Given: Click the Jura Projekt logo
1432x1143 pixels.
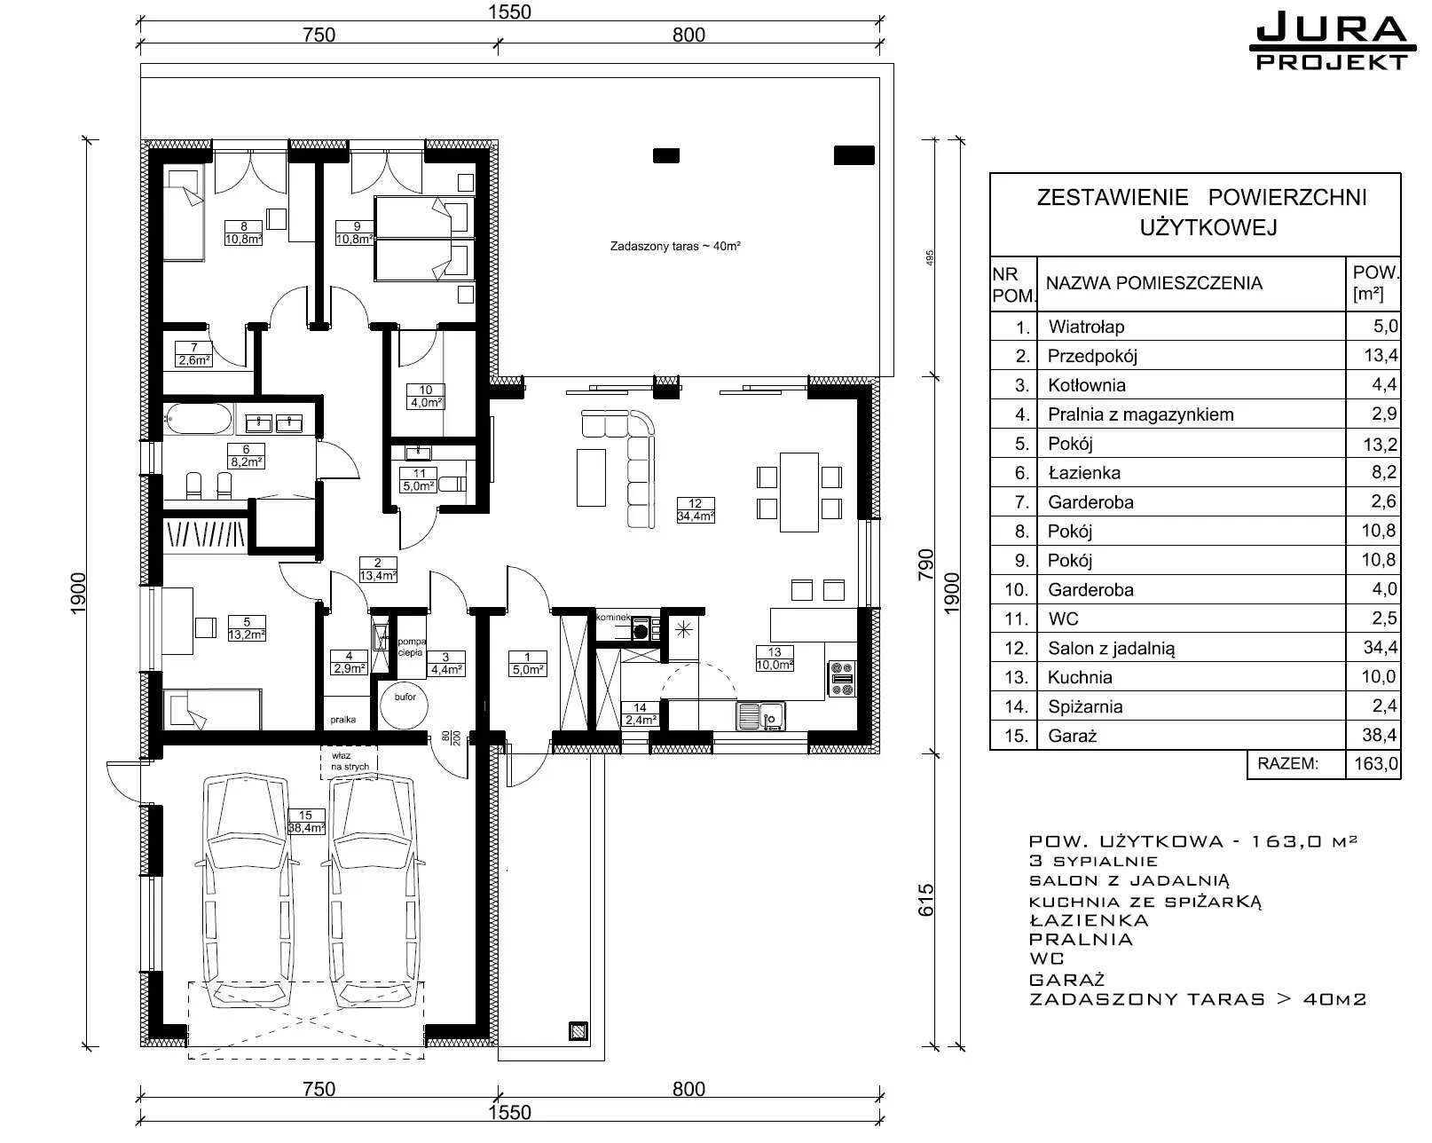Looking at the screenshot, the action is click(1333, 43).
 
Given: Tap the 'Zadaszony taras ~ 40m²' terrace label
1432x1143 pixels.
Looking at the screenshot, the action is click(675, 246).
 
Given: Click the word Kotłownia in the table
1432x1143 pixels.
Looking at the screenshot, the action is click(1087, 385).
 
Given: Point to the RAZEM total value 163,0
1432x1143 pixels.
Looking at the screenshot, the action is click(1376, 763).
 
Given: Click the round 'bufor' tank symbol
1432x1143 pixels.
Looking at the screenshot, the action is click(405, 705).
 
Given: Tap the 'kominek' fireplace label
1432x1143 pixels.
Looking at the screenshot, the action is click(613, 617).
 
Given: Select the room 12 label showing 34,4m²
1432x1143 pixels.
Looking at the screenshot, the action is click(696, 510).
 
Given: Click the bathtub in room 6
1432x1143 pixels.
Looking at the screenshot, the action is click(198, 420).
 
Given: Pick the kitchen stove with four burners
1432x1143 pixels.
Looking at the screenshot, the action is click(842, 678).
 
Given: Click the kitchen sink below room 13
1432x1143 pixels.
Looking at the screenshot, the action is click(761, 716).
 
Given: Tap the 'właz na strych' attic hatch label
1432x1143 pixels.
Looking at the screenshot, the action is click(350, 761).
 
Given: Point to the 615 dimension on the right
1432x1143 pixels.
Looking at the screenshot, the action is click(925, 900).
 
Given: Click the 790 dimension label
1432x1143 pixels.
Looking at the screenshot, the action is click(925, 564).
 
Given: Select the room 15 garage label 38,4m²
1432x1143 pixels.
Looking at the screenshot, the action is click(306, 822).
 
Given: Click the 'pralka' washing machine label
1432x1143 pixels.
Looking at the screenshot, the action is click(342, 720).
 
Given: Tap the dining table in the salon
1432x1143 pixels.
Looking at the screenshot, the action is click(799, 492).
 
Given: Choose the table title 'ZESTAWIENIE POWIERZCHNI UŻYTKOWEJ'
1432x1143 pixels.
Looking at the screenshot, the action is click(1201, 212).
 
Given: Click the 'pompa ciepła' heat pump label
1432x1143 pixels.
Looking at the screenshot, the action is click(412, 647).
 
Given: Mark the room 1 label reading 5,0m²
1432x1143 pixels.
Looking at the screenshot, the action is click(528, 664).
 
